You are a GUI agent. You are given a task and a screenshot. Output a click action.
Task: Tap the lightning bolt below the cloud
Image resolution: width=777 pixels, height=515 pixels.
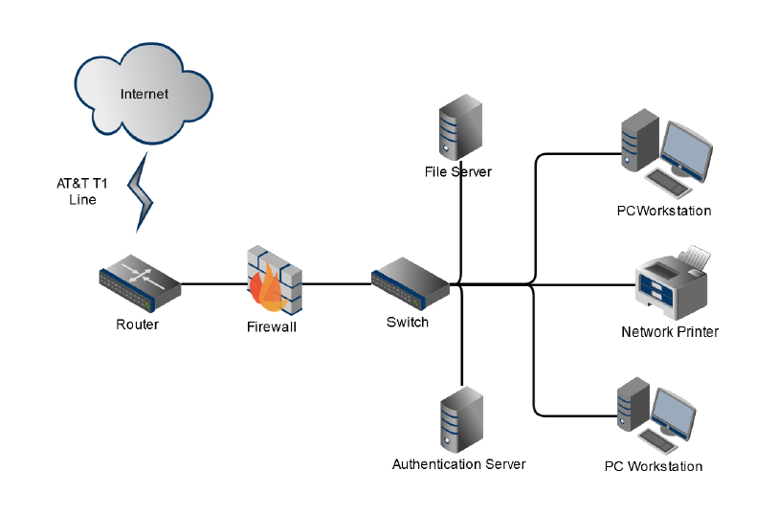click(142, 190)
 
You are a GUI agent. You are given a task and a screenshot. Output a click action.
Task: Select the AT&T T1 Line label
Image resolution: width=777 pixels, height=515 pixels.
click(82, 191)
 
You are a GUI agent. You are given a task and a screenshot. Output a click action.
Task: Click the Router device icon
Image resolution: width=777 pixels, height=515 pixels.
click(140, 283)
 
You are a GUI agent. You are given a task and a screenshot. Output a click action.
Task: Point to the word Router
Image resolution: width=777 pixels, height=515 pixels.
click(138, 325)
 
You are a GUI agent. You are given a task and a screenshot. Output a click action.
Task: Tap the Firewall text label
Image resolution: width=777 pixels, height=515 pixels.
click(272, 327)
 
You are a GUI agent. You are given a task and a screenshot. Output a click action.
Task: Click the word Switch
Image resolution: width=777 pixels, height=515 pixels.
click(408, 323)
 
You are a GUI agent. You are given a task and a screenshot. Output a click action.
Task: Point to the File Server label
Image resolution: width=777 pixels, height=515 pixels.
click(458, 172)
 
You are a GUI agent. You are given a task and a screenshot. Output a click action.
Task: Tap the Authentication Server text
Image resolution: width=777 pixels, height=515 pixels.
click(459, 464)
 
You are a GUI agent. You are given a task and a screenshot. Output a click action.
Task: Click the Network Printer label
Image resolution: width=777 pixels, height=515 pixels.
click(670, 332)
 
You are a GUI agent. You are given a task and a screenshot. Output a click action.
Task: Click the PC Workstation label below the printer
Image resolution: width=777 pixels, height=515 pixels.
click(654, 467)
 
